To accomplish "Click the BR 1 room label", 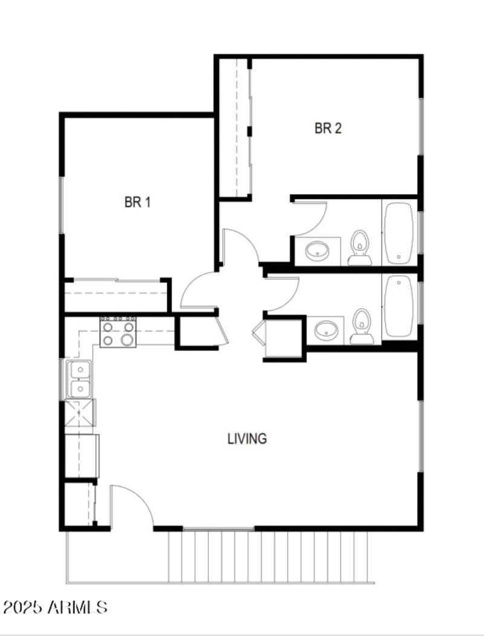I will click(137, 202).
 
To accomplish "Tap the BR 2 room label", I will click(328, 128).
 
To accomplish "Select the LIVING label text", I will click(247, 438).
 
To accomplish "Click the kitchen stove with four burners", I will click(117, 332).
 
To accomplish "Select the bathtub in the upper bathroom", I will click(399, 232).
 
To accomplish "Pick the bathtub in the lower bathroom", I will click(399, 306).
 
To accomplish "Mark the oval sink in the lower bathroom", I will click(326, 329).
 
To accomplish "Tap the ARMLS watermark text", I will click(77, 607).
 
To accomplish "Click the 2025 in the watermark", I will click(23, 607).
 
